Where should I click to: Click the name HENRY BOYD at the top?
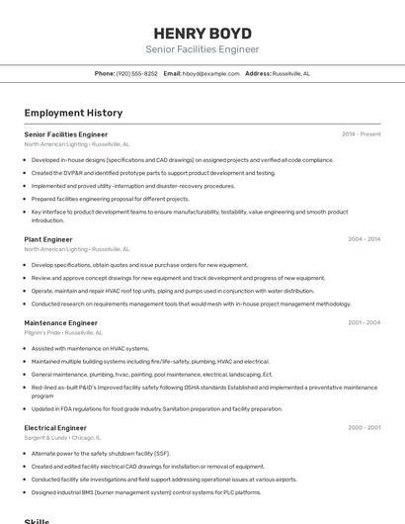click(x=202, y=33)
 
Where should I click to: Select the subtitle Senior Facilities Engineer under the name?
click(x=202, y=49)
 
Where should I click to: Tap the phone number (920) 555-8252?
click(x=136, y=73)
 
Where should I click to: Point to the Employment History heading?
click(x=73, y=113)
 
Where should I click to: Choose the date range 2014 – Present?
click(x=361, y=133)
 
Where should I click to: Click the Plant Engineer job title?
click(x=48, y=239)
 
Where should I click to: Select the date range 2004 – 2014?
click(x=364, y=239)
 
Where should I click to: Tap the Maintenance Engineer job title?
click(x=60, y=322)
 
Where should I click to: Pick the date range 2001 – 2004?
click(x=364, y=322)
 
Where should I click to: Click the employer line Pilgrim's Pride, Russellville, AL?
click(x=63, y=333)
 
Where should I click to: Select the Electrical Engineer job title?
click(x=55, y=428)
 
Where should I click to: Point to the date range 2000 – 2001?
click(x=364, y=428)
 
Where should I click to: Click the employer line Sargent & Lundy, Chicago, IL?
click(x=61, y=438)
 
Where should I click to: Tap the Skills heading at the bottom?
click(x=37, y=519)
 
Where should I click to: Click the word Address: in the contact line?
click(x=258, y=73)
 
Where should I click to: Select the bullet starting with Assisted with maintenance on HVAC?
click(x=90, y=348)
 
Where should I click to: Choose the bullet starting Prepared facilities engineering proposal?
click(x=110, y=198)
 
